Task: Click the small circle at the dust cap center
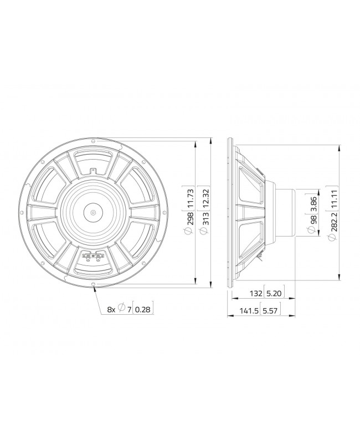point(93,211)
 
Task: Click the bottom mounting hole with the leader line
point(93,285)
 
